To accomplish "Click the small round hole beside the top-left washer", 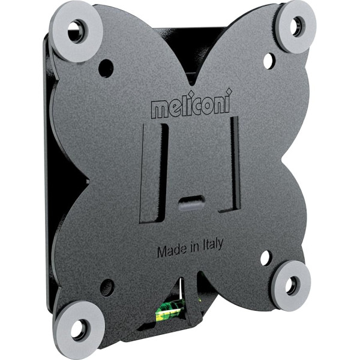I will click(105, 67).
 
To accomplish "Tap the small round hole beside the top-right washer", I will click(268, 60).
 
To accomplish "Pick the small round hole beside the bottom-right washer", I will click(265, 259).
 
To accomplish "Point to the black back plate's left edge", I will click(49, 180).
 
